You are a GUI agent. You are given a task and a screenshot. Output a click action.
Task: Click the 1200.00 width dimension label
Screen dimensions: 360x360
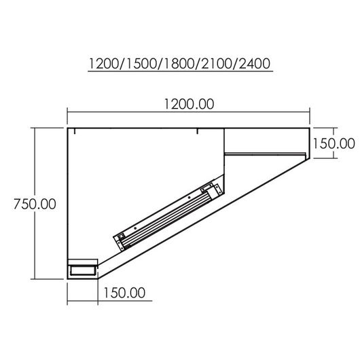pos(189,104)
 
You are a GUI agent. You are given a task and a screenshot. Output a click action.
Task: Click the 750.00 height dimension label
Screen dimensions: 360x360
pos(35,204)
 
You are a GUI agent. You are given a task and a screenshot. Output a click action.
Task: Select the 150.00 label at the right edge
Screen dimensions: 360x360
pos(334,143)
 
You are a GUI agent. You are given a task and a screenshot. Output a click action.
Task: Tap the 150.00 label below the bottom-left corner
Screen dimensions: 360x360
pos(124,293)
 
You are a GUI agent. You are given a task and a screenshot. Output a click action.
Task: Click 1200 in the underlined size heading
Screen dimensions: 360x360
pos(103,64)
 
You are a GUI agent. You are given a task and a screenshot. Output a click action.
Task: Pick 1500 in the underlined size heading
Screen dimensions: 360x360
pos(141,64)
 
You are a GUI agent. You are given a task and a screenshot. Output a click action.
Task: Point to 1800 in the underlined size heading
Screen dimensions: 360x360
pos(179,64)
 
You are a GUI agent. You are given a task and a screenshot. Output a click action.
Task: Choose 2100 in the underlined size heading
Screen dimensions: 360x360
pos(217,64)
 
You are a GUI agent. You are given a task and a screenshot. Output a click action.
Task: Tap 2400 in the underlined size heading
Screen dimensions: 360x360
pos(255,64)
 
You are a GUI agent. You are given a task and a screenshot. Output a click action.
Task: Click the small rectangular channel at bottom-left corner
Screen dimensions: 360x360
pos(83,270)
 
